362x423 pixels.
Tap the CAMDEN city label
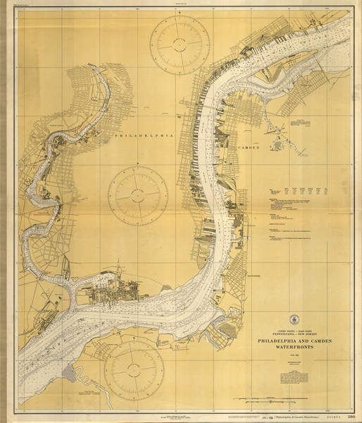tap(249, 149)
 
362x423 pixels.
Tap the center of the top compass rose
tap(182, 44)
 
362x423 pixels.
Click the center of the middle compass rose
tap(138, 195)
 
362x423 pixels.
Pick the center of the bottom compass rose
tap(134, 369)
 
